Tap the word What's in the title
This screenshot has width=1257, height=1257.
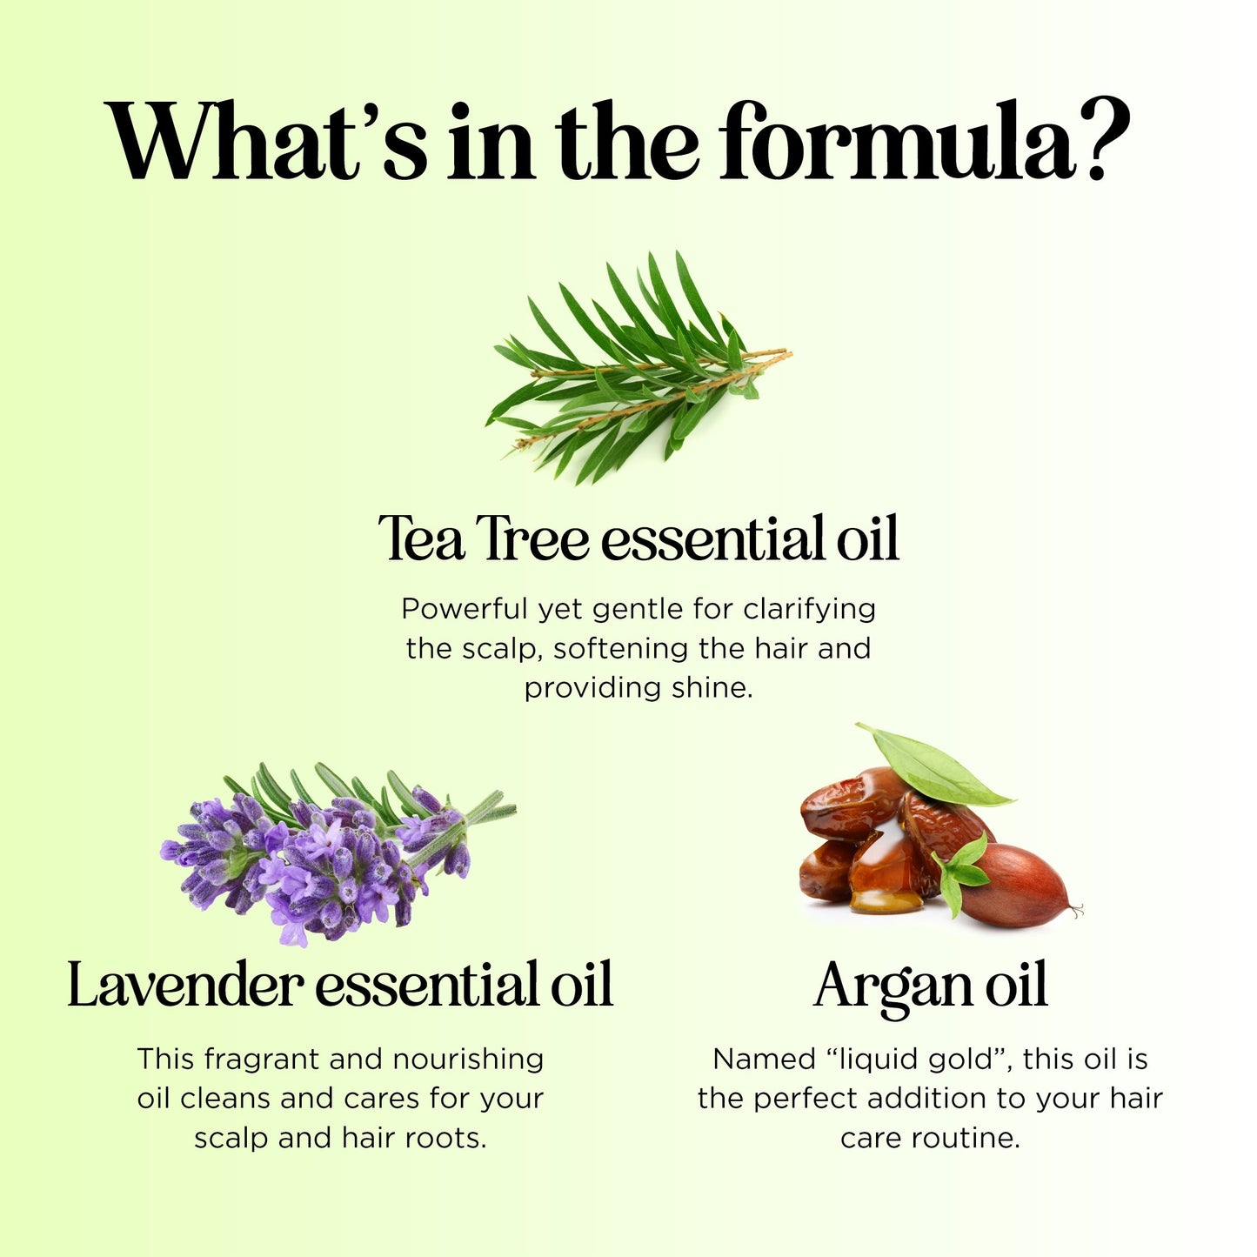point(266,141)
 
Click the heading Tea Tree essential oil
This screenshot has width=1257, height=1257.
point(638,538)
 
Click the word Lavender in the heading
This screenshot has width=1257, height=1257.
point(184,986)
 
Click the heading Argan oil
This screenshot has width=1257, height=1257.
point(930,986)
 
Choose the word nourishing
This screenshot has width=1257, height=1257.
point(468,1060)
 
